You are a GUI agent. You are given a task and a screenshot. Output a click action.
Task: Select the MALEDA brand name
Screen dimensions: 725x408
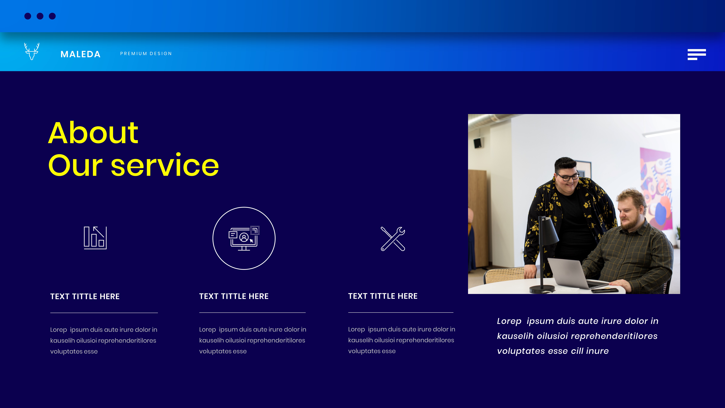pos(80,54)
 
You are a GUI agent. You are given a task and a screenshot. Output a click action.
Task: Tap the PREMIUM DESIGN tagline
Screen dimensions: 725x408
pos(146,54)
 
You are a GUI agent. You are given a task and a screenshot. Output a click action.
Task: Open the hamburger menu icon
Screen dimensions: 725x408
pos(697,54)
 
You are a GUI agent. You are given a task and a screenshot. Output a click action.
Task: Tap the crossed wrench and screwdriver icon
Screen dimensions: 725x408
pos(393,239)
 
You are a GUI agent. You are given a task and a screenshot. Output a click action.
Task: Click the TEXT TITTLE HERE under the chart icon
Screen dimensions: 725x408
pos(85,296)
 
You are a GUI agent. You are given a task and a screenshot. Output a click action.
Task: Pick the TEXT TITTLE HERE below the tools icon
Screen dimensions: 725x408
pos(383,296)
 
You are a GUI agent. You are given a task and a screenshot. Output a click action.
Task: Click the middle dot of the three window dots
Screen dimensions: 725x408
pos(40,16)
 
